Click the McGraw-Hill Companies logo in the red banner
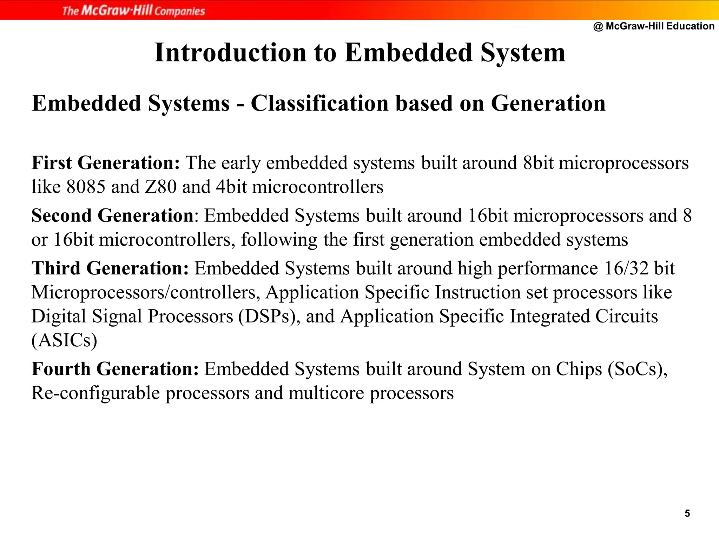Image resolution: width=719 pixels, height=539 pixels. tap(133, 11)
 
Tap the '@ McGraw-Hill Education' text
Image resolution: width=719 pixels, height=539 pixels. tap(654, 26)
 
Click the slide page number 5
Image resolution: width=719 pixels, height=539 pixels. tap(687, 513)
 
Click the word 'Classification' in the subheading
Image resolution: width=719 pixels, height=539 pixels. tap(319, 104)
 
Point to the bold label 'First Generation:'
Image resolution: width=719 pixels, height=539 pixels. tap(106, 163)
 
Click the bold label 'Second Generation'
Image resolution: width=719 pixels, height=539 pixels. tap(112, 215)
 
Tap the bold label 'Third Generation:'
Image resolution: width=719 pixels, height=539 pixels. tap(110, 268)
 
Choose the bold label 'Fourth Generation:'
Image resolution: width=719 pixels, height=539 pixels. tap(115, 369)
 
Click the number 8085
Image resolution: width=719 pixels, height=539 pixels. tap(86, 187)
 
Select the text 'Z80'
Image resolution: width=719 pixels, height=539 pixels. tap(161, 187)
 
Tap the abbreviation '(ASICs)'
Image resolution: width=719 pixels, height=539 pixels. tap(64, 340)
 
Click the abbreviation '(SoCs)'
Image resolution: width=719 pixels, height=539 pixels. tap(637, 369)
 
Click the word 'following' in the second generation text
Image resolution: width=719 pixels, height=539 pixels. tap(279, 240)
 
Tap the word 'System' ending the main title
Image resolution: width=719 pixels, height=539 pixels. tap(523, 53)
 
